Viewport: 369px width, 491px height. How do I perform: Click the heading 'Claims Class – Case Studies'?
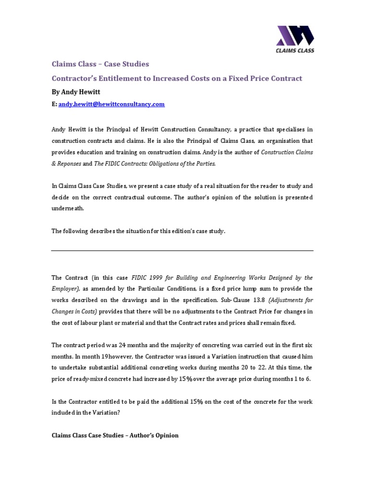click(x=100, y=64)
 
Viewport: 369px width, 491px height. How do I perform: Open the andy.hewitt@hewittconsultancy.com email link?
click(x=111, y=104)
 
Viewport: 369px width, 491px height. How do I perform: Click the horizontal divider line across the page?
click(x=182, y=251)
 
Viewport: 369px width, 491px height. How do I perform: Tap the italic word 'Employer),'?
click(x=65, y=289)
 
